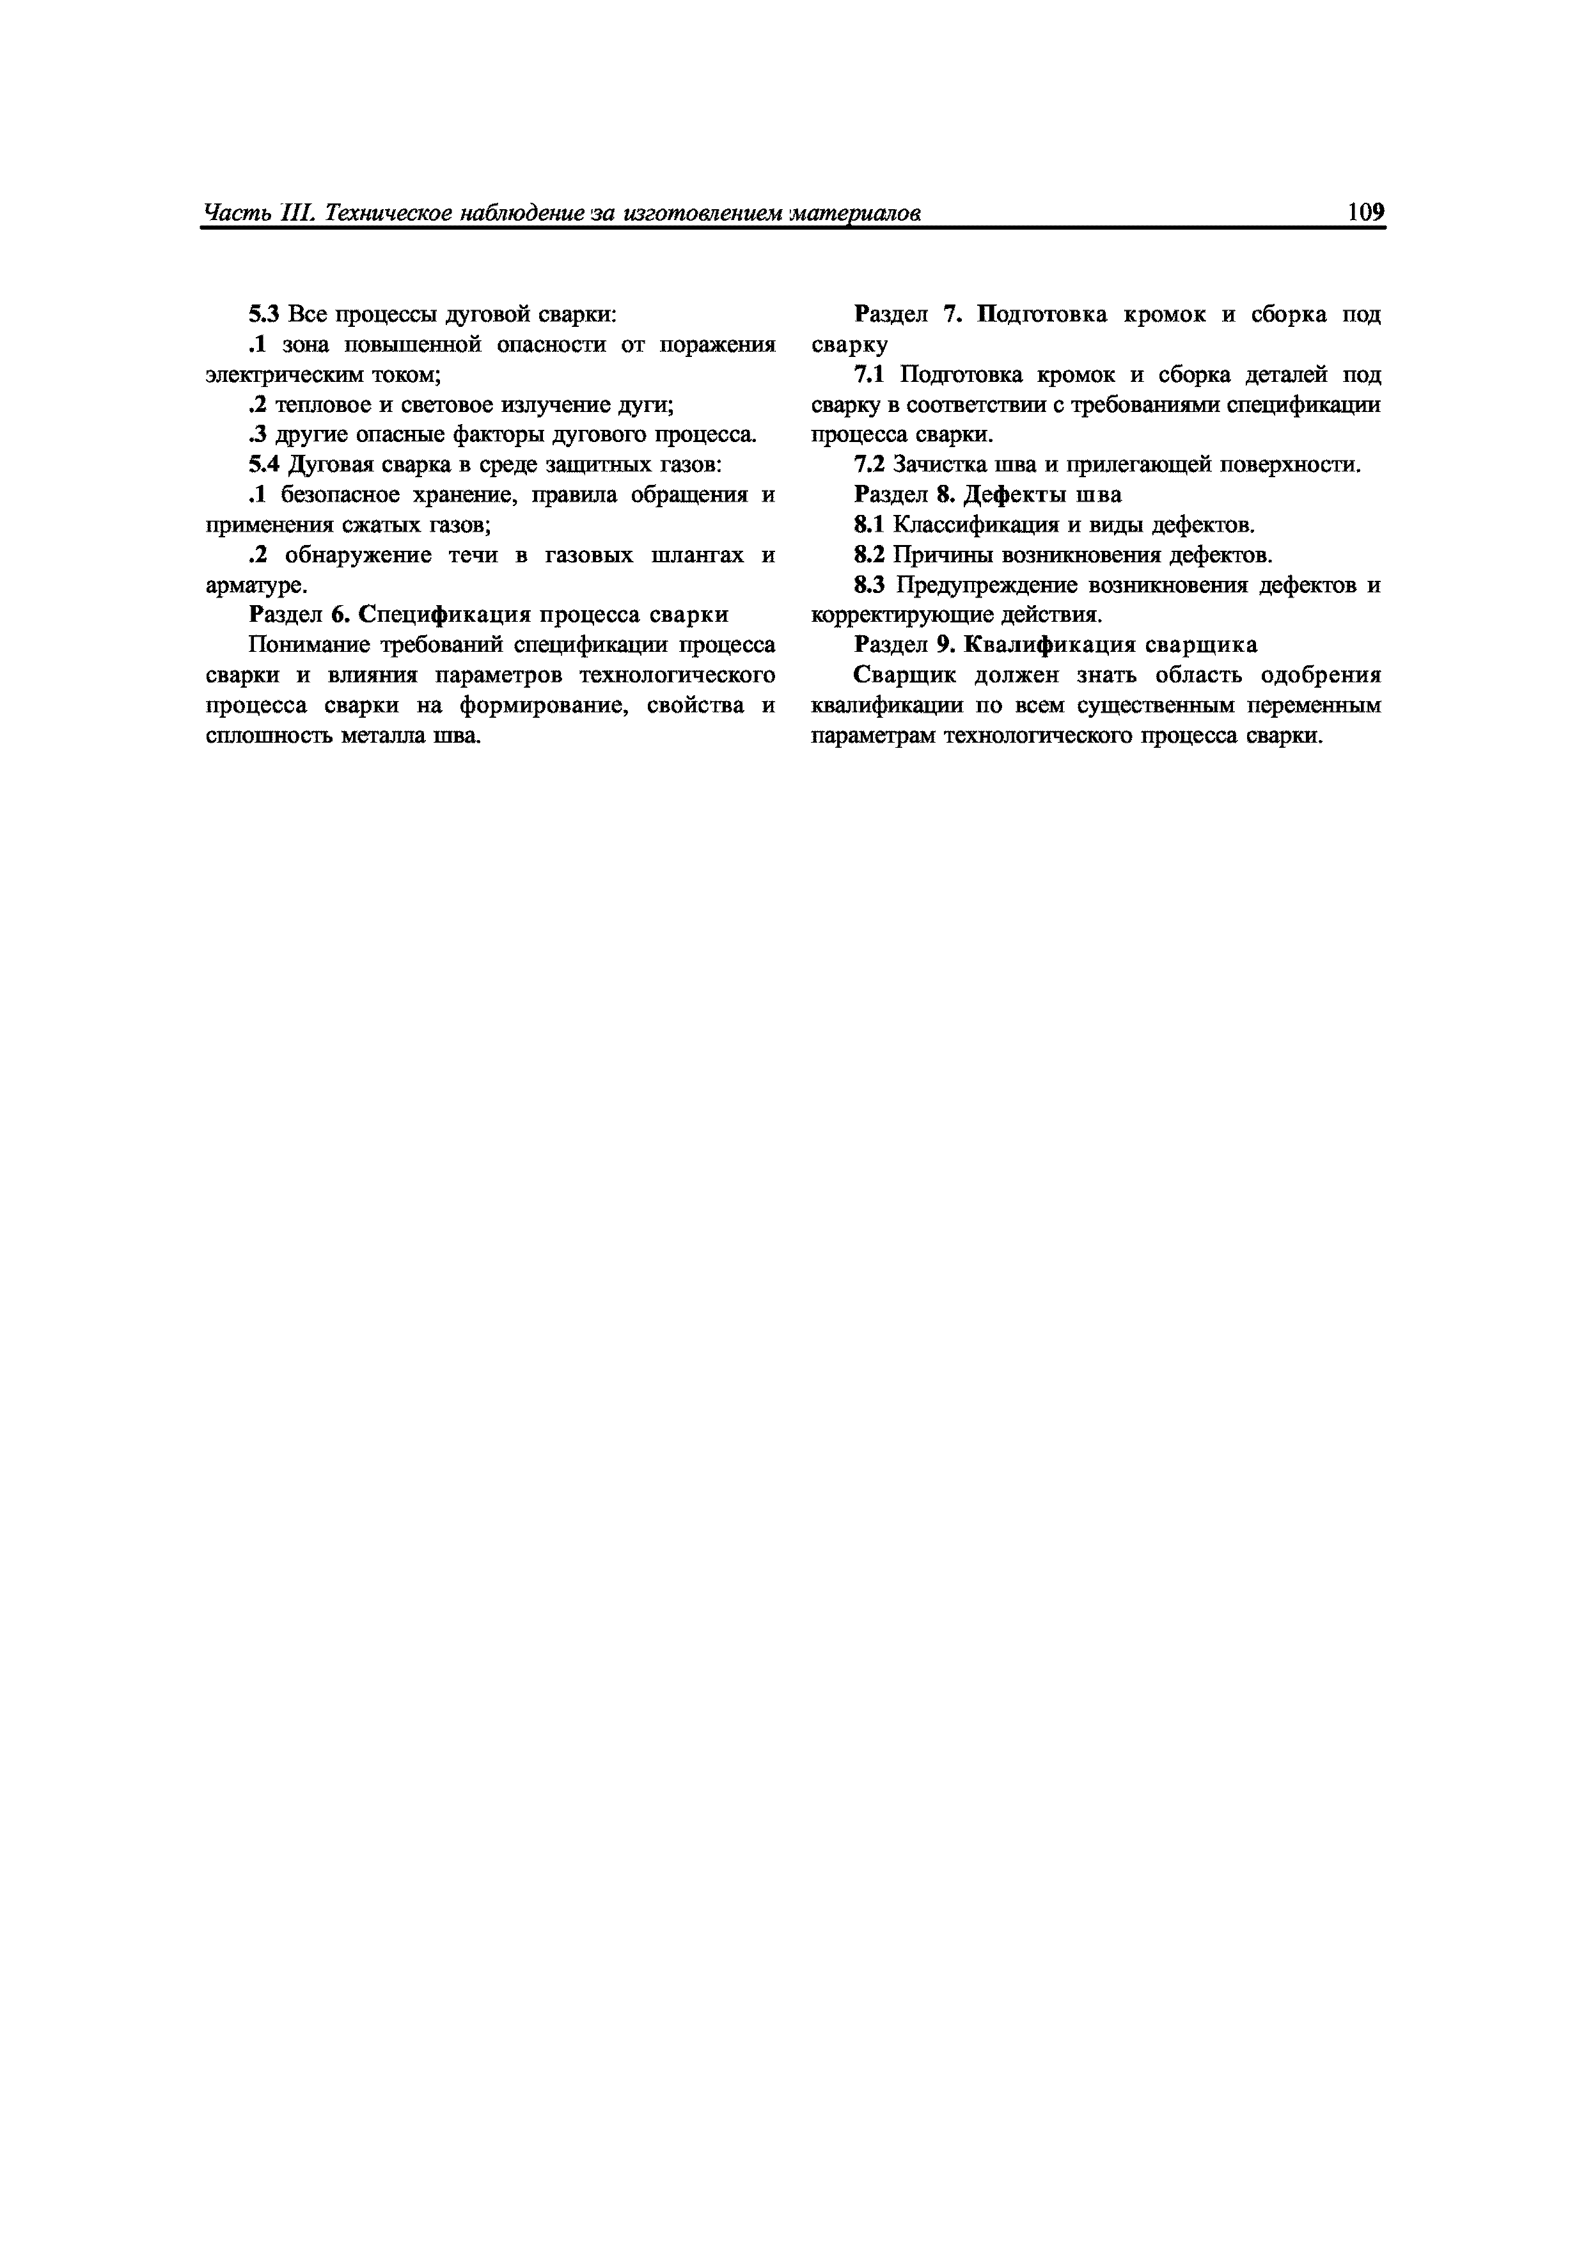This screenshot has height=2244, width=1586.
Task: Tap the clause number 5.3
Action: [264, 315]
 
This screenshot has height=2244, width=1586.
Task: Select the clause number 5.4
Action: [264, 465]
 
